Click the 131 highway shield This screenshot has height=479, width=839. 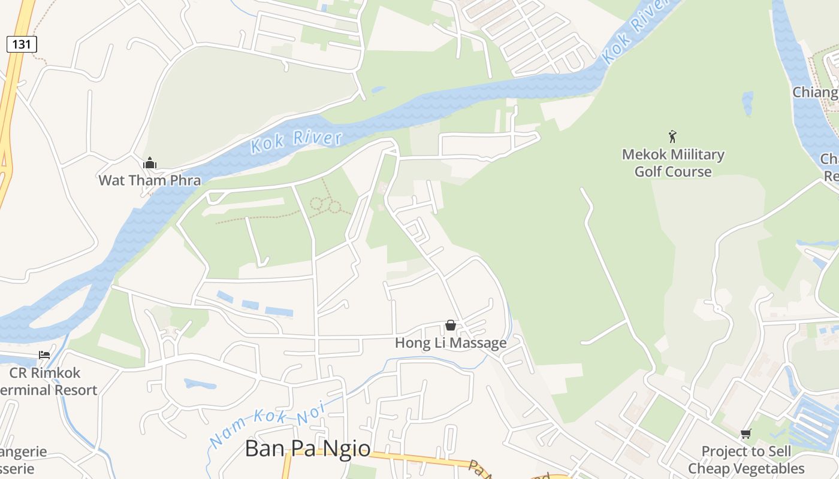[22, 44]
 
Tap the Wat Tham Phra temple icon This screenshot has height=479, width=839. [150, 163]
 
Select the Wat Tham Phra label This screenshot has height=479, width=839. [150, 180]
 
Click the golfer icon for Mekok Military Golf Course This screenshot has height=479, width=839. [672, 137]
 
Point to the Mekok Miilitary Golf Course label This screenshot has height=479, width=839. [673, 163]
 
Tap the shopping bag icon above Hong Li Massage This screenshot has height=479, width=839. [451, 325]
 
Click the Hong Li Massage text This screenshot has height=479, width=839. [451, 343]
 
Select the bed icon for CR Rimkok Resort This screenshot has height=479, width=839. [44, 355]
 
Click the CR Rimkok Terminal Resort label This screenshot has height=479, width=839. [48, 381]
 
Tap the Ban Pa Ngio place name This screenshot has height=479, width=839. [307, 448]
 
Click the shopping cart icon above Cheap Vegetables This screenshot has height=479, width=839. [746, 433]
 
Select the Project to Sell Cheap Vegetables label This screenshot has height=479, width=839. [746, 460]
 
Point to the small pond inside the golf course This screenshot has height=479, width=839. [747, 103]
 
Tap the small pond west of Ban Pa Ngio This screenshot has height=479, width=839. [200, 383]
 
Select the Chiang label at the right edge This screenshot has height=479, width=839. [815, 92]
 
